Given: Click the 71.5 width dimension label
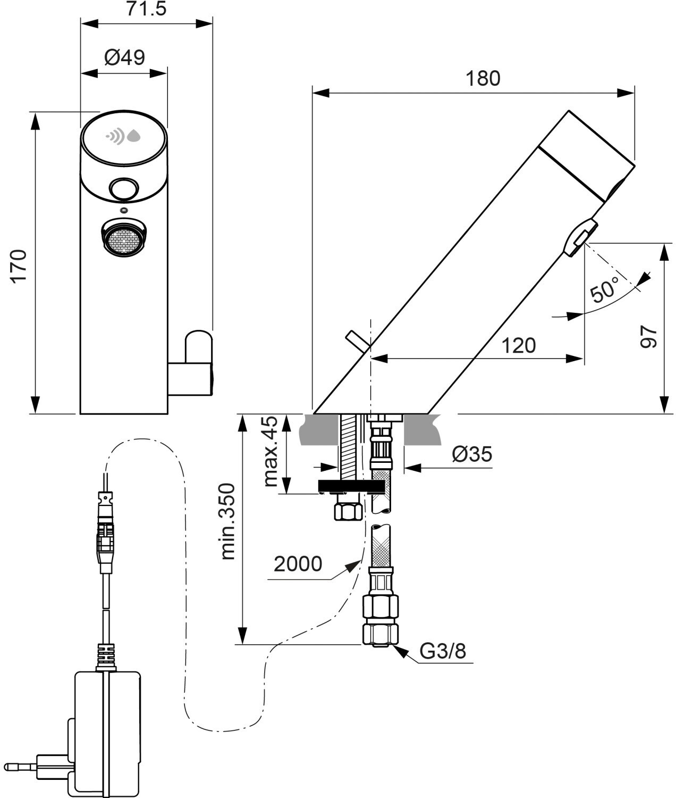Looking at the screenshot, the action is tap(146, 9).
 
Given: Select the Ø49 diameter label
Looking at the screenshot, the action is tap(124, 58).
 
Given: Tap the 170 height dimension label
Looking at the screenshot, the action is tap(19, 267).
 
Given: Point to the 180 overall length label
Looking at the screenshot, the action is tap(483, 78).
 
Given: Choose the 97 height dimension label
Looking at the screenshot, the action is tap(648, 337).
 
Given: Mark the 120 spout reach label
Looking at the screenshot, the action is tap(518, 345).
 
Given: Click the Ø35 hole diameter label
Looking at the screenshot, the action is tap(472, 454).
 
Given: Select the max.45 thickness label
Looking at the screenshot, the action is tap(270, 451).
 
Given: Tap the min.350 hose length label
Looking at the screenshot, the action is tap(228, 521).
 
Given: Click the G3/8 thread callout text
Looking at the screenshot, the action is tap(443, 651).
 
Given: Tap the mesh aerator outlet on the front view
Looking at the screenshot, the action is tap(124, 238).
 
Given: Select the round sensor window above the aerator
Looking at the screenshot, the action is tap(124, 189).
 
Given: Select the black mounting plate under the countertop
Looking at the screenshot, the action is tap(351, 486).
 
